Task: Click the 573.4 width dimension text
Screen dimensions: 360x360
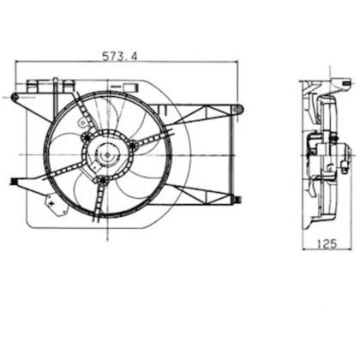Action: tap(120, 57)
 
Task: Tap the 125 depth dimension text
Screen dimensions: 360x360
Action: tap(327, 243)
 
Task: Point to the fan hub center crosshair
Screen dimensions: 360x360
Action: tap(107, 155)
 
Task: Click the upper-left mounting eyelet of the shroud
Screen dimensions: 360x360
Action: tap(15, 97)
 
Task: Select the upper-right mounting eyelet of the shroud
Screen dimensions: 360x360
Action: tap(237, 109)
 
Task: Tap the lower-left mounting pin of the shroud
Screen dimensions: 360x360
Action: tap(13, 181)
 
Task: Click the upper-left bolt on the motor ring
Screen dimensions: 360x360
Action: tap(86, 138)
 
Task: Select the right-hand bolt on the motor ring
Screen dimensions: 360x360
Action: tap(133, 146)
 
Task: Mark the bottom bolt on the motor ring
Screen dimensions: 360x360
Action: tap(102, 180)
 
